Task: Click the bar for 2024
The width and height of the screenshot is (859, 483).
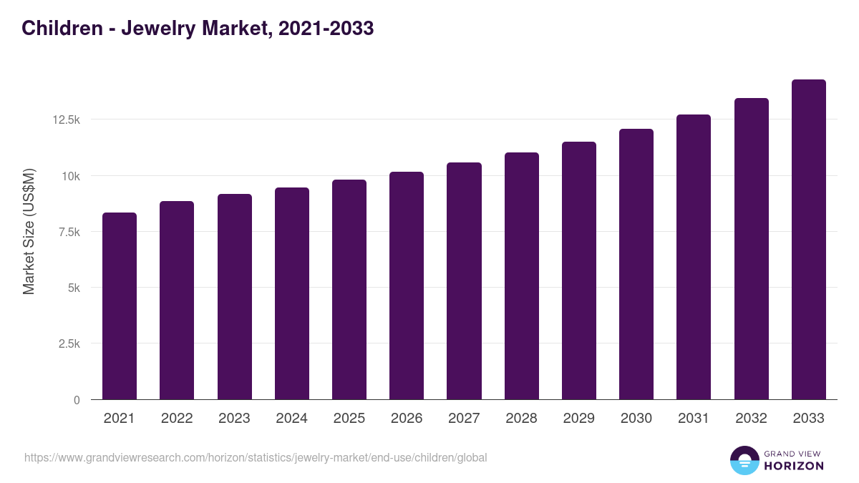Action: [x=291, y=293]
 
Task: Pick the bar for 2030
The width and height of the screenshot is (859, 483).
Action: [x=636, y=264]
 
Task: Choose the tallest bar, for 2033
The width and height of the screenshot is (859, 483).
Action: [x=808, y=240]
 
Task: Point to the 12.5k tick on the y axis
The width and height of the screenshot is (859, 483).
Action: [x=66, y=119]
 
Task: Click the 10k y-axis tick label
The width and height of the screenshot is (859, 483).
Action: [x=70, y=176]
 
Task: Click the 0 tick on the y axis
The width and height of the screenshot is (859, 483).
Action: [x=77, y=400]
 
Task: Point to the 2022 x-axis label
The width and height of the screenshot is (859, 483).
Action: [x=177, y=419]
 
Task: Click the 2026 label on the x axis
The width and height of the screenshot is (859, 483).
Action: [x=407, y=419]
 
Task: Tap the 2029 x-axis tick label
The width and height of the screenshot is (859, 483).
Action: [x=578, y=419]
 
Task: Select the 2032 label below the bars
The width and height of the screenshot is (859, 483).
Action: [x=751, y=419]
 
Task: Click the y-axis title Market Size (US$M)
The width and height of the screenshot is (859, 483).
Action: [x=29, y=231]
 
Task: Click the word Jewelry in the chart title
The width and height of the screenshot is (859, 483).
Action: [x=164, y=29]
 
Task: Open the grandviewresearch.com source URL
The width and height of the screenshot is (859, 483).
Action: [x=256, y=457]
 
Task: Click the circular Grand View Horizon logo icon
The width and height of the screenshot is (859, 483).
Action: [x=744, y=460]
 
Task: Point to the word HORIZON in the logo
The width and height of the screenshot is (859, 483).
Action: [x=794, y=466]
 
